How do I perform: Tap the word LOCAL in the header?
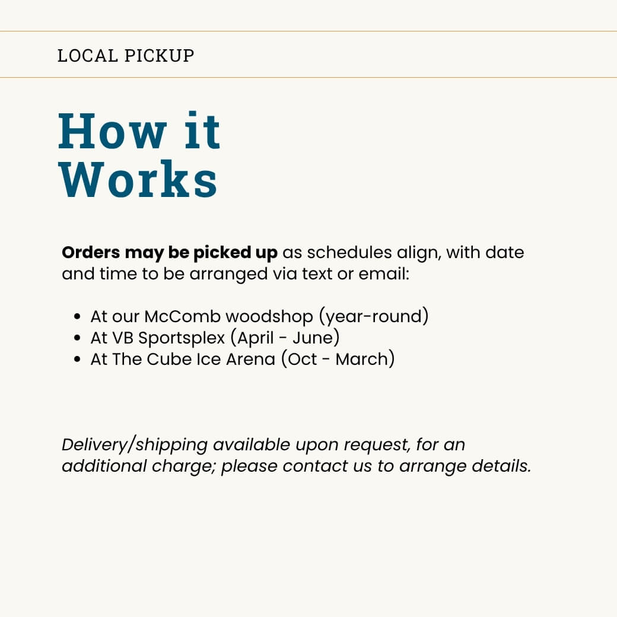(87, 56)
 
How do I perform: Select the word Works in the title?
(138, 179)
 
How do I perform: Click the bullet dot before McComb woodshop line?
(77, 317)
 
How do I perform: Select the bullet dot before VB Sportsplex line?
(77, 338)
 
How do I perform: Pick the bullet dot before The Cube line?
(77, 360)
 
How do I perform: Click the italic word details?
(501, 466)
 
